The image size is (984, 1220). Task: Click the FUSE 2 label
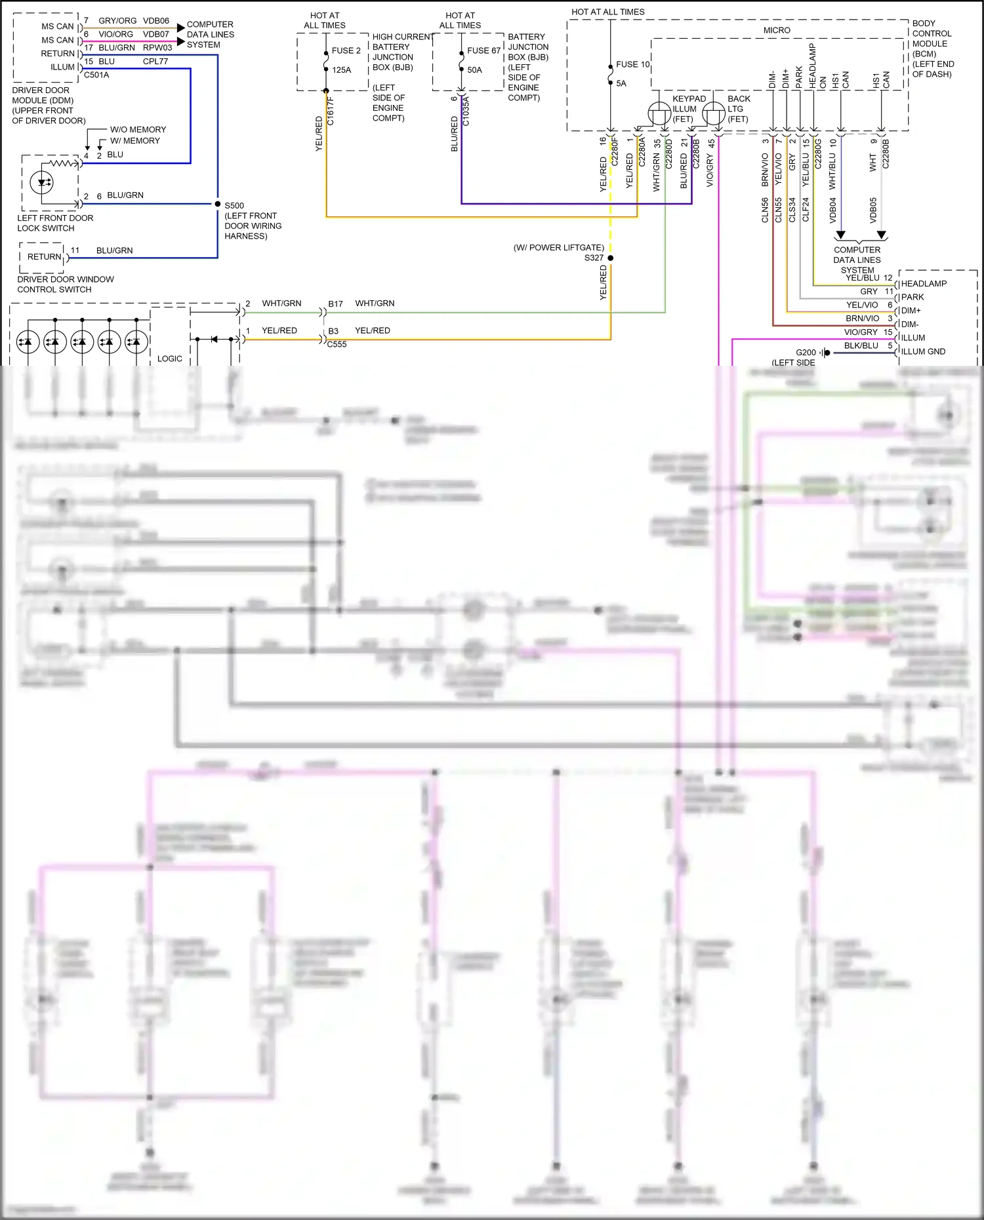point(346,50)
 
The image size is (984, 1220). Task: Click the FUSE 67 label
point(483,50)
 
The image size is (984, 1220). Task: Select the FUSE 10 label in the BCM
point(632,64)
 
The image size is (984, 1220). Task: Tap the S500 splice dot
point(218,204)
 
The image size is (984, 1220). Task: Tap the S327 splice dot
point(611,258)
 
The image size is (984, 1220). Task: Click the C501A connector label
point(96,75)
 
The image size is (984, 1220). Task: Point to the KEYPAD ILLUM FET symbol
point(659,113)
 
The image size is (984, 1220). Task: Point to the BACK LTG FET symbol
point(714,113)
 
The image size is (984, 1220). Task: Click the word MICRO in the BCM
point(777,30)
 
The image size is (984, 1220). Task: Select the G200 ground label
point(806,352)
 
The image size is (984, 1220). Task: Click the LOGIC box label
point(170,359)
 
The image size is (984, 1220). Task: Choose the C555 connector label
point(337,344)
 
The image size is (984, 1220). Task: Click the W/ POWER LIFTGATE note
point(558,248)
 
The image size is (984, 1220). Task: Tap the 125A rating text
point(341,69)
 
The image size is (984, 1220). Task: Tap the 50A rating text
point(474,69)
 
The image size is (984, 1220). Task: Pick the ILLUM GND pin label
point(923,351)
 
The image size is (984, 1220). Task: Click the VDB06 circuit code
point(156,21)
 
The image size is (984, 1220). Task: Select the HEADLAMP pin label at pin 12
point(924,283)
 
